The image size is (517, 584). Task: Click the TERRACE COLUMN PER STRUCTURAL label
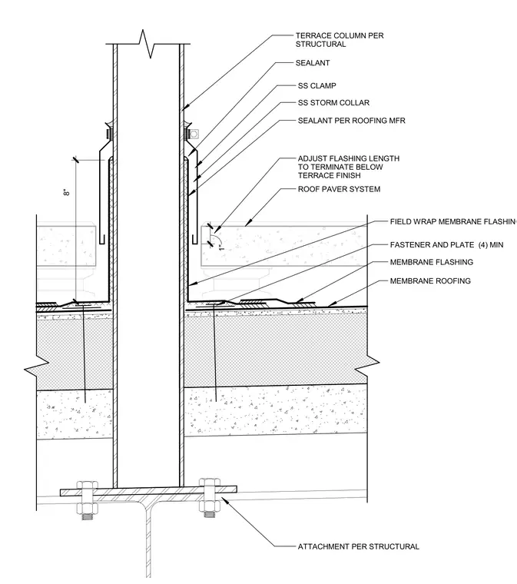point(340,40)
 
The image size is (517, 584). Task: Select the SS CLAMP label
point(316,85)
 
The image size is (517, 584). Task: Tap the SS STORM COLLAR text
point(333,102)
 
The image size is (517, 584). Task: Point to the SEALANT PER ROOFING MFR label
point(351,121)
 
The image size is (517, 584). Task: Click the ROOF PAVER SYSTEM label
point(339,189)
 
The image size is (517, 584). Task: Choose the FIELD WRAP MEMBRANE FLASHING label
point(453,221)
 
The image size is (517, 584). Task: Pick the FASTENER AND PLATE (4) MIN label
point(446,244)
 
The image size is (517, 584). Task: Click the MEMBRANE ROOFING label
point(430,280)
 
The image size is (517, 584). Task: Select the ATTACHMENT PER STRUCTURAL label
point(359,546)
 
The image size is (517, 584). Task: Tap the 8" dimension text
point(67,192)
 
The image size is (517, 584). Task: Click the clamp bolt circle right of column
point(193,134)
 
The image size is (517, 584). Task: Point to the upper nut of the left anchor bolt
point(88,486)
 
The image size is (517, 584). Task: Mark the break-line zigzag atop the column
point(148,44)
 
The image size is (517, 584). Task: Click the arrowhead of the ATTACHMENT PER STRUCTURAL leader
point(225,500)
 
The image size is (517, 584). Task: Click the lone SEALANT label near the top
point(313,63)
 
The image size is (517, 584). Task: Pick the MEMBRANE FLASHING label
point(432,262)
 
